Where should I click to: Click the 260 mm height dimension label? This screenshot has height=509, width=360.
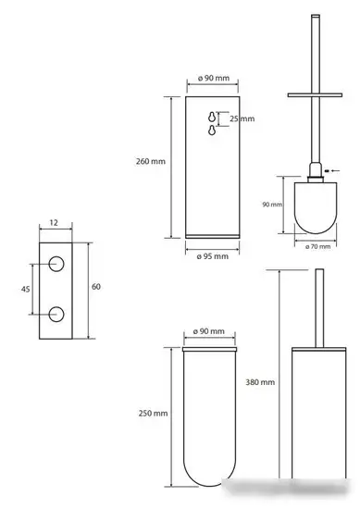(x=151, y=161)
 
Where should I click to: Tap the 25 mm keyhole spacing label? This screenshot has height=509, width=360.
(x=242, y=118)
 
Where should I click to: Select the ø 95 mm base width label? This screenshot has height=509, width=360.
(x=213, y=256)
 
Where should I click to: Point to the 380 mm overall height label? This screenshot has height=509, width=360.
(x=260, y=382)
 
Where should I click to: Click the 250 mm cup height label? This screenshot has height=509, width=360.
(x=153, y=414)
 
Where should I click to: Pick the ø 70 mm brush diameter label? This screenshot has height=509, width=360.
(x=317, y=246)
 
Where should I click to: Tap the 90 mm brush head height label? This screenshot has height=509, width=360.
(x=272, y=205)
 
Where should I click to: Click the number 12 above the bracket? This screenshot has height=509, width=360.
(x=54, y=223)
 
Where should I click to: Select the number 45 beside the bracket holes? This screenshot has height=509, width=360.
(x=25, y=289)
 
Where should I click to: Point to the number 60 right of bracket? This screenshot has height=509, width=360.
(x=96, y=287)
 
